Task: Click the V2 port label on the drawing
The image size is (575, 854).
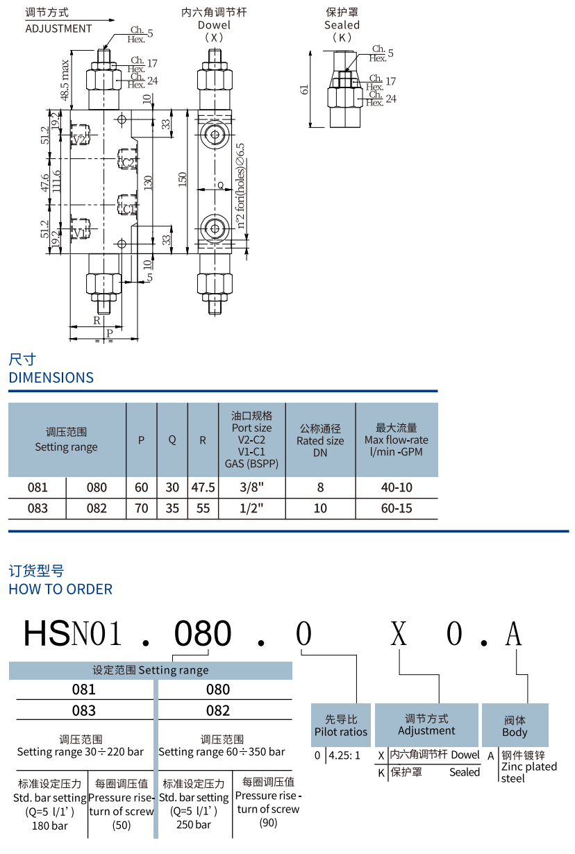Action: pyautogui.click(x=79, y=140)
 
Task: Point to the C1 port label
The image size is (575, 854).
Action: pyautogui.click(x=126, y=208)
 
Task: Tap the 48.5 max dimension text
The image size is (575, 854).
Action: pyautogui.click(x=65, y=81)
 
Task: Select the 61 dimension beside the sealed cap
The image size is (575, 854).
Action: pyautogui.click(x=304, y=90)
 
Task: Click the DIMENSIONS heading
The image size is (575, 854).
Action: pyautogui.click(x=51, y=378)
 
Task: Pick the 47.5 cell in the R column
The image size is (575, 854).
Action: pyautogui.click(x=203, y=487)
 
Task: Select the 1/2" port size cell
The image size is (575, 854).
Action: pyautogui.click(x=251, y=508)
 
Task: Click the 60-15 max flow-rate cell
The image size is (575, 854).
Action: pyautogui.click(x=397, y=508)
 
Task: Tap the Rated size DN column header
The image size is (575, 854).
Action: pyautogui.click(x=320, y=440)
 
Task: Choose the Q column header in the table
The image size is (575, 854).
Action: pyautogui.click(x=172, y=440)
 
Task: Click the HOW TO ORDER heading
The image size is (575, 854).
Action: pyautogui.click(x=60, y=589)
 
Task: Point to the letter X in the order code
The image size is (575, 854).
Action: pyautogui.click(x=399, y=634)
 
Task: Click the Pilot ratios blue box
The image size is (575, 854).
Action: pyautogui.click(x=341, y=725)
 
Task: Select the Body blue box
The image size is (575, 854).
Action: pyautogui.click(x=515, y=726)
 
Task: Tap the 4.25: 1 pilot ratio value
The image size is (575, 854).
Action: pyautogui.click(x=344, y=755)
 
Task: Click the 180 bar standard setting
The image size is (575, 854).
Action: pyautogui.click(x=50, y=826)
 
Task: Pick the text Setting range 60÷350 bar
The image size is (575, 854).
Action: pyautogui.click(x=222, y=752)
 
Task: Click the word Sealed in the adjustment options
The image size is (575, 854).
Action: pyautogui.click(x=465, y=772)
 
